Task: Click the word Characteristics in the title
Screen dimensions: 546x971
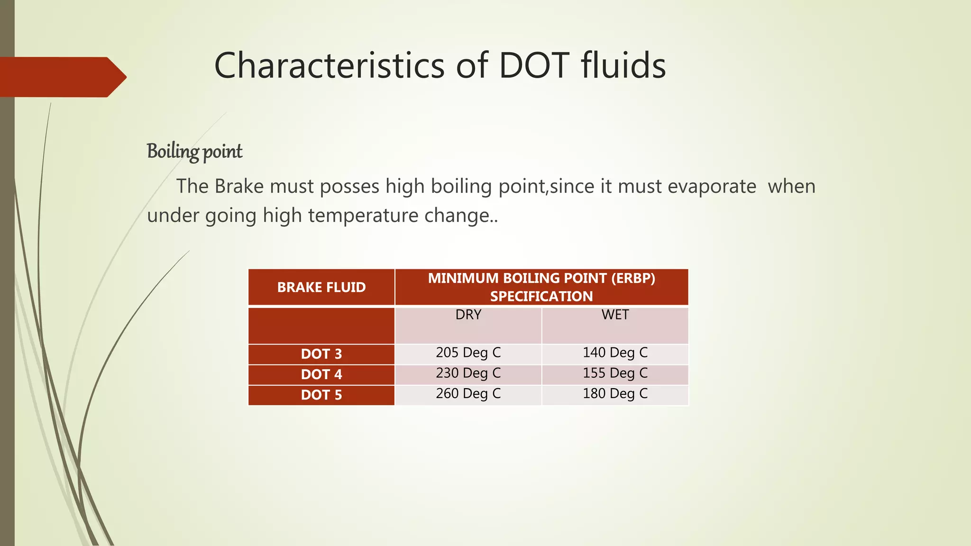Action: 329,65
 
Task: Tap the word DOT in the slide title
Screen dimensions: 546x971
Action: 534,65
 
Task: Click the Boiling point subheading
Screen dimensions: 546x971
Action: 194,152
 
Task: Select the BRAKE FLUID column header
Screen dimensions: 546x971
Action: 321,287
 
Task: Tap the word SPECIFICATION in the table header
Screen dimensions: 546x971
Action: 541,297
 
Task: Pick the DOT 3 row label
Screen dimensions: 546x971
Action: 321,354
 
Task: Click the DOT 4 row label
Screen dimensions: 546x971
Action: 321,374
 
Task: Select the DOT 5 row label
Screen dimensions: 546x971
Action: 321,395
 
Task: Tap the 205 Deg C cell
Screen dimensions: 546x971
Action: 468,353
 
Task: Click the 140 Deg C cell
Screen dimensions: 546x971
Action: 615,353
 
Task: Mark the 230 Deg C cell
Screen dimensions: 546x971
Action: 468,373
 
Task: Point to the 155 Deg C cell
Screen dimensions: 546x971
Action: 615,373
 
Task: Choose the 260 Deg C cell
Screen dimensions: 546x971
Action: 468,394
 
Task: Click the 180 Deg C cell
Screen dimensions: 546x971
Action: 615,394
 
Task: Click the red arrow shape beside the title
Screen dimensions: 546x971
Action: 62,77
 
